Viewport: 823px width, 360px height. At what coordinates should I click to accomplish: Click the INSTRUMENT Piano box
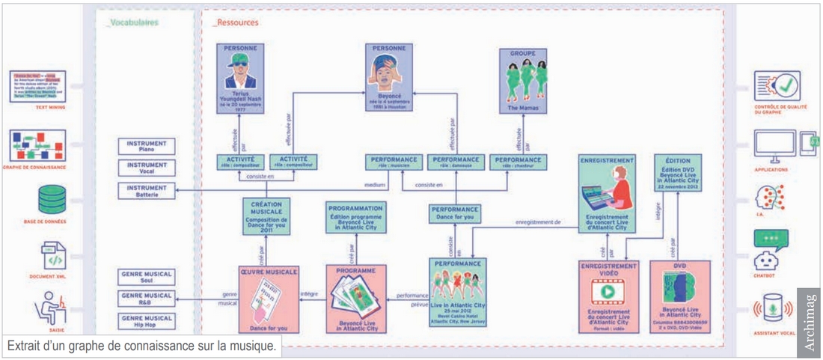(x=147, y=146)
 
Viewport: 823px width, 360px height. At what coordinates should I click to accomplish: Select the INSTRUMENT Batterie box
(x=147, y=191)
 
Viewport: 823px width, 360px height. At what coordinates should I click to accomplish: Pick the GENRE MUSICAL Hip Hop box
(x=147, y=322)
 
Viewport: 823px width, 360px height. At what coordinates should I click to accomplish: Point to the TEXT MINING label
(x=37, y=107)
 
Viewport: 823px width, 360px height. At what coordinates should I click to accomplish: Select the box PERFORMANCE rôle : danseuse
(x=453, y=162)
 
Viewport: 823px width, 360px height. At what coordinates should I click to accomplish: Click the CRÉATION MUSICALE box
(x=266, y=216)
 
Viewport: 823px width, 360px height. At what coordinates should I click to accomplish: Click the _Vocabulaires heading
(x=132, y=23)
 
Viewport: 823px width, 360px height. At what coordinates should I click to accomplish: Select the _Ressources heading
(x=236, y=23)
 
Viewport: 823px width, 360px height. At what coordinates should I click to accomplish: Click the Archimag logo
(x=809, y=321)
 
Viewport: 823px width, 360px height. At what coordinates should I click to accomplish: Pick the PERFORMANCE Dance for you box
(x=454, y=213)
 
